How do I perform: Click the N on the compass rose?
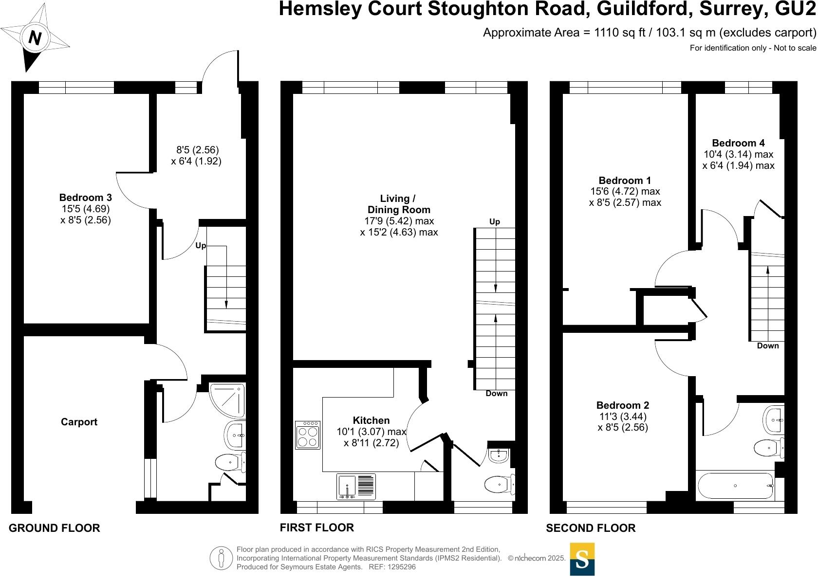pyautogui.click(x=34, y=37)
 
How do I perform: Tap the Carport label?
pyautogui.click(x=79, y=422)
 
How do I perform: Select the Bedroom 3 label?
pyautogui.click(x=85, y=198)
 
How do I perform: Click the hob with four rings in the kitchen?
pyautogui.click(x=308, y=435)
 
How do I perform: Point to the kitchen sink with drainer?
pyautogui.click(x=356, y=487)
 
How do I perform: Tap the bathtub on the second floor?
pyautogui.click(x=735, y=486)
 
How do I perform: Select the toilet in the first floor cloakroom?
pyautogui.click(x=498, y=484)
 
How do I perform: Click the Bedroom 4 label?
pyautogui.click(x=738, y=143)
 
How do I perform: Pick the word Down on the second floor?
pyautogui.click(x=768, y=345)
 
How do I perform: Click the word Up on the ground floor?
pyautogui.click(x=201, y=246)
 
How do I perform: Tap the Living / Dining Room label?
pyautogui.click(x=399, y=204)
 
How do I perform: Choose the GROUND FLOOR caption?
pyautogui.click(x=55, y=528)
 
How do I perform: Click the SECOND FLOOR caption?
pyautogui.click(x=591, y=528)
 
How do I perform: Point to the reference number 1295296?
pyautogui.click(x=400, y=567)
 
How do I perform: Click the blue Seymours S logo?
pyautogui.click(x=582, y=559)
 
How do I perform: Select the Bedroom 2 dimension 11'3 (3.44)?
pyautogui.click(x=623, y=417)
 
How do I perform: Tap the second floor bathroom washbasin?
pyautogui.click(x=774, y=420)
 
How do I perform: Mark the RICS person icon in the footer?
pyautogui.click(x=222, y=558)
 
